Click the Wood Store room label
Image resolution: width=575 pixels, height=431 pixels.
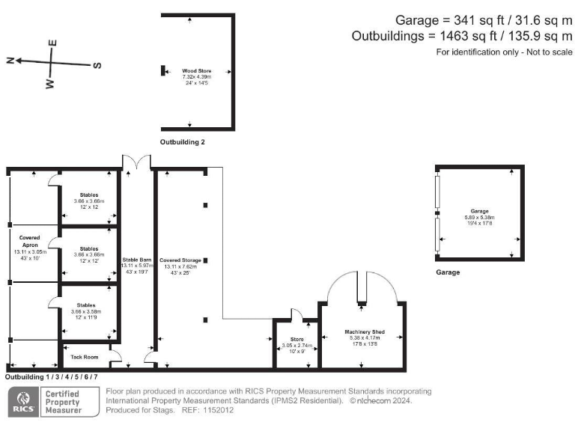point(197,71)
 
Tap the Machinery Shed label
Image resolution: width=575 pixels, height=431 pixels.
point(364,331)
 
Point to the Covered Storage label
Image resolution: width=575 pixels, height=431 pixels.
point(180,260)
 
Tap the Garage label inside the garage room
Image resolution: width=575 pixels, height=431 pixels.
point(479,211)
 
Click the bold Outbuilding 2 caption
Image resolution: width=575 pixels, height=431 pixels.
point(182,141)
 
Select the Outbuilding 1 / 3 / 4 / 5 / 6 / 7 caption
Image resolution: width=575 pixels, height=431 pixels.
point(52,376)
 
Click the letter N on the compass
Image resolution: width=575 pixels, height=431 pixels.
point(10,61)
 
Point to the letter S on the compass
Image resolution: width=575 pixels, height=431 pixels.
point(97,65)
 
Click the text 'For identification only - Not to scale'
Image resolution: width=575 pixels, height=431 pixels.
point(504,52)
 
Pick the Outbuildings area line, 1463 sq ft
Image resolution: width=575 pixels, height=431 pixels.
point(461,36)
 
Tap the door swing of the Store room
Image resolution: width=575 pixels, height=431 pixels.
point(295,315)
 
